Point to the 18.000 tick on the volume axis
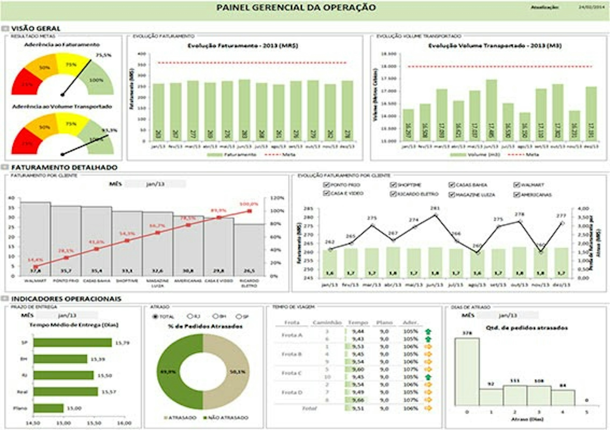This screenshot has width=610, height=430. click(389, 66)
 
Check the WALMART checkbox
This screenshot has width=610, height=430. click(516, 185)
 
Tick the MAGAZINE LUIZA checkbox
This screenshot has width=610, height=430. click(452, 194)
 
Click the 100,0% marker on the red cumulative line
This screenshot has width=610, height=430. click(249, 211)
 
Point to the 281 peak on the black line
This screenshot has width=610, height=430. click(435, 215)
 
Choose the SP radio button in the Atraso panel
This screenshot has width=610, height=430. click(239, 316)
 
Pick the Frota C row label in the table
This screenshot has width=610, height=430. click(292, 373)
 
